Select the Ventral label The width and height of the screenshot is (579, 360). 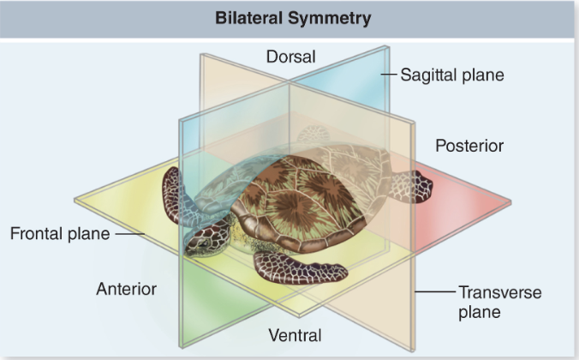(x=294, y=334)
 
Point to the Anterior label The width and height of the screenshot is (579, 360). (x=126, y=289)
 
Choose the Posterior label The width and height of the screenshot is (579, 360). (x=469, y=146)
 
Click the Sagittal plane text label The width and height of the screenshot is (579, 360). (x=453, y=75)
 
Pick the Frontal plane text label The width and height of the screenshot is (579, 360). (x=60, y=233)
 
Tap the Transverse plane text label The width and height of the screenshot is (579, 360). (x=499, y=303)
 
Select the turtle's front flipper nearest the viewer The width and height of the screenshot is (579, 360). (x=300, y=269)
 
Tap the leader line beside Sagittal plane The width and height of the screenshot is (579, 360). (x=389, y=75)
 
